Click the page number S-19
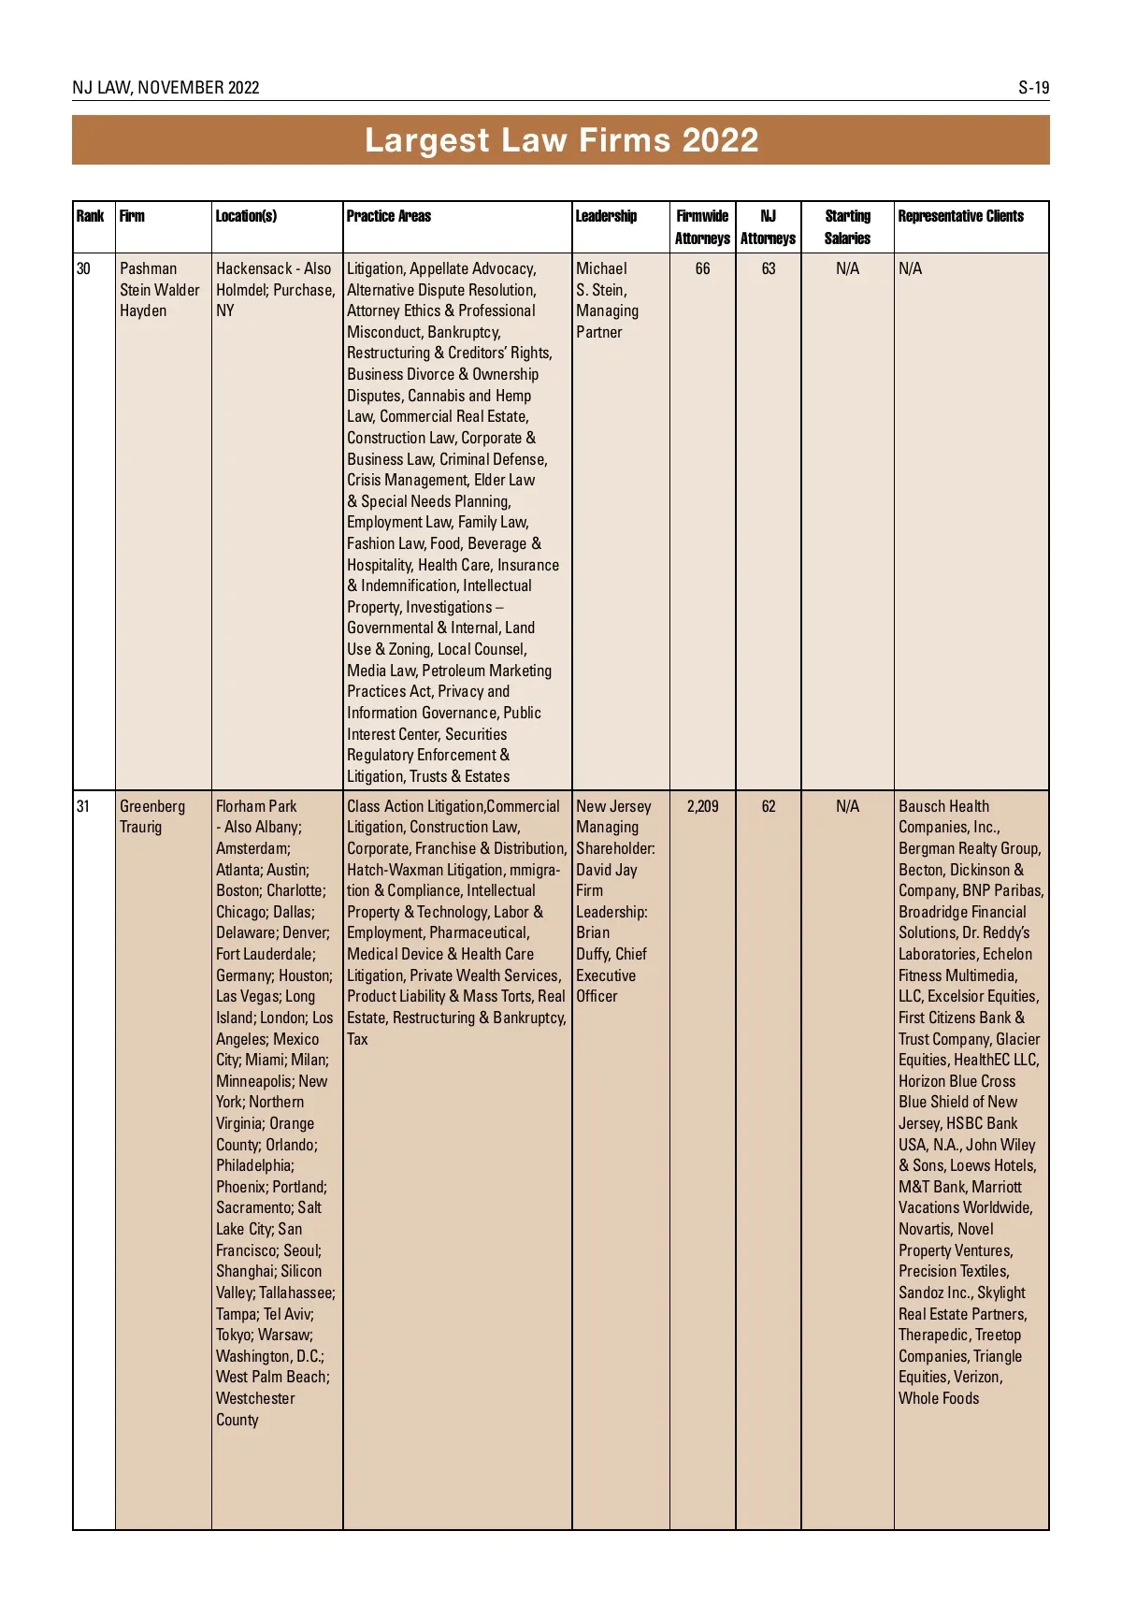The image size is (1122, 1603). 1033,88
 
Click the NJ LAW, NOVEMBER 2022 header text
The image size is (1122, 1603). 165,88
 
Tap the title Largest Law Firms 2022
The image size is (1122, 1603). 561,140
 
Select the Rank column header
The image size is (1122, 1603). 90,216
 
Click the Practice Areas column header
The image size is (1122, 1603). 389,216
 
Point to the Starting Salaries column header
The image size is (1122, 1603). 847,227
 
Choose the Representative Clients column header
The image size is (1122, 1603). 960,216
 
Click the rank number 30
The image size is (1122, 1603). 83,268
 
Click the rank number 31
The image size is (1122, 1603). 83,806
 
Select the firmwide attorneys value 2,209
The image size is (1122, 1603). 702,806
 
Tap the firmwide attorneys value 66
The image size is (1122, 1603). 702,268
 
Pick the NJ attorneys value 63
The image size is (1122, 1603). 768,268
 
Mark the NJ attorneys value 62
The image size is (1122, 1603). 768,806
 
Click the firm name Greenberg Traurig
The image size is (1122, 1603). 151,816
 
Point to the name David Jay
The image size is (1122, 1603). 607,870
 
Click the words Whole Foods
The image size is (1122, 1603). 939,1398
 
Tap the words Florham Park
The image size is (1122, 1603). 256,806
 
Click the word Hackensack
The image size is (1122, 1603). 253,268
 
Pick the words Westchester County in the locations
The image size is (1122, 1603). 255,1408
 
